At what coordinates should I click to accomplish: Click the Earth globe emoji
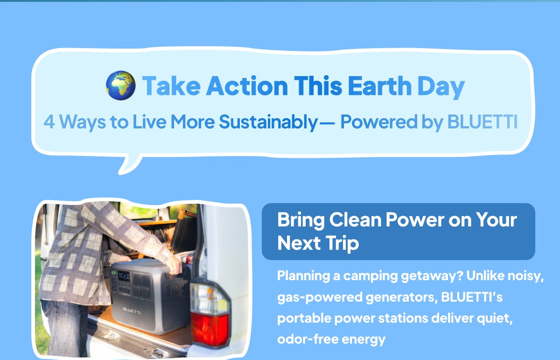(121, 85)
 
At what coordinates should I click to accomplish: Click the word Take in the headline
(171, 86)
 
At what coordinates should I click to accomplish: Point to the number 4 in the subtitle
(49, 122)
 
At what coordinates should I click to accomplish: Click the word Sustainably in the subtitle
(268, 123)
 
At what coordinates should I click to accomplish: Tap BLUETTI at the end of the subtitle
(482, 121)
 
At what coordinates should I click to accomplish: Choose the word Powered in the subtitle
(379, 121)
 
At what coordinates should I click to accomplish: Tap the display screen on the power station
(124, 276)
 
